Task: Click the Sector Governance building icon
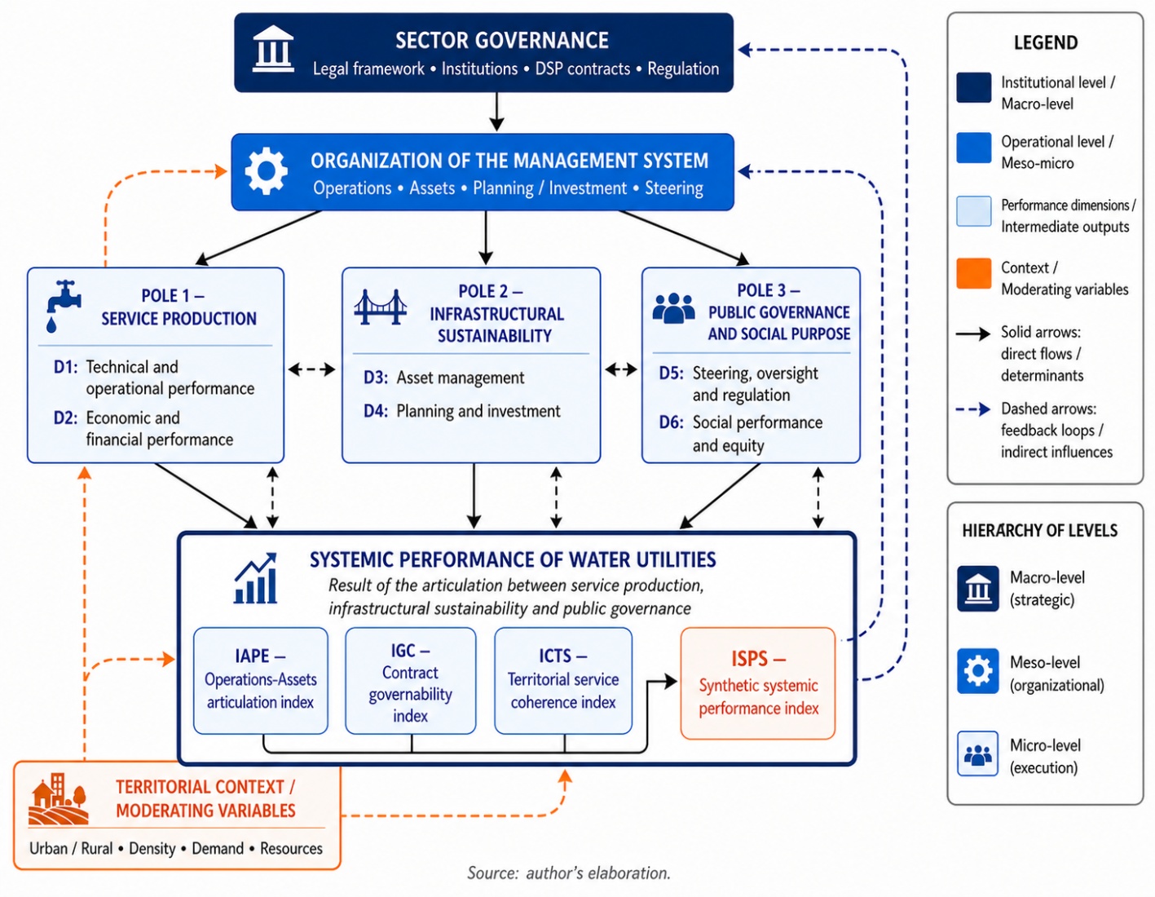(273, 50)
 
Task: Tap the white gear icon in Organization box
(267, 171)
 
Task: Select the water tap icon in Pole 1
(64, 307)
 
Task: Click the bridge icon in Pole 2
(381, 307)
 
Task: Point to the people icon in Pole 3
(673, 308)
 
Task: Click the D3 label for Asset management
(375, 378)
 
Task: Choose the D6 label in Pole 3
(671, 422)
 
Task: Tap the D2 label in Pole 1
(65, 418)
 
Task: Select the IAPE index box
(261, 681)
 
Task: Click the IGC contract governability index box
(410, 681)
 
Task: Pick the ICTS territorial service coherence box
(563, 681)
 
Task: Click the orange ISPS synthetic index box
(758, 683)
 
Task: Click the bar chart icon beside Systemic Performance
(256, 578)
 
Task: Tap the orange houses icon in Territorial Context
(59, 799)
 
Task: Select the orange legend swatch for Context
(974, 273)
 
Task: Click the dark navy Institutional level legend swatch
(974, 87)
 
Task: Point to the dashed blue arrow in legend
(973, 409)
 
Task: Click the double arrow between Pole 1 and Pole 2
(312, 369)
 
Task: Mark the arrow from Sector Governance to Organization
(496, 112)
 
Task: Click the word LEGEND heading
(1046, 42)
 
